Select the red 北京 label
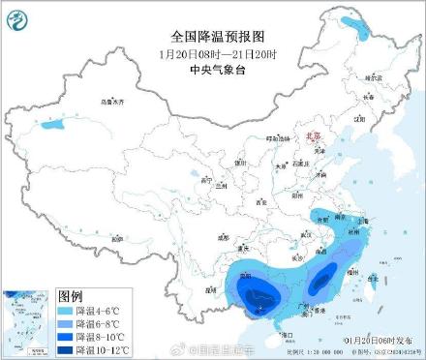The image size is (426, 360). point(309,138)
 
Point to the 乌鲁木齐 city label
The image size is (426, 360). point(113,101)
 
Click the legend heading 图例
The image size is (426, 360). point(71,294)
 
